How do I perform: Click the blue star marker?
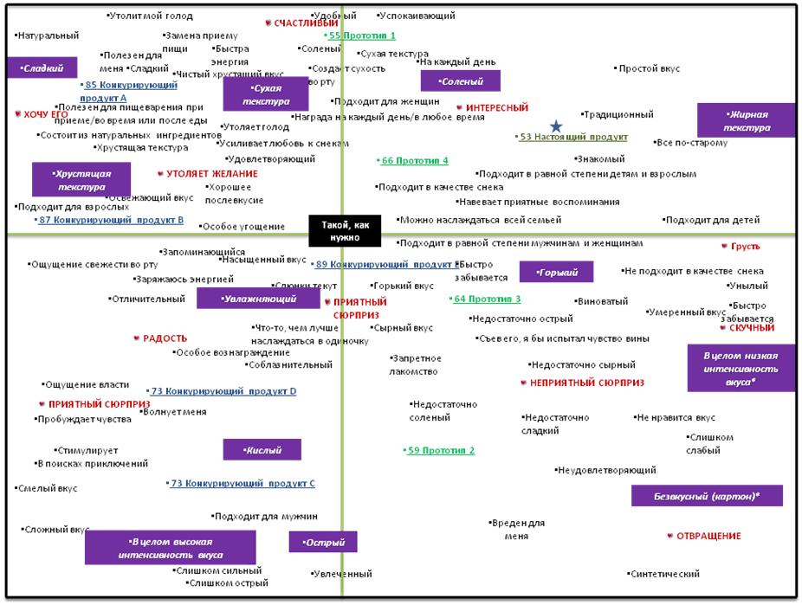[x=556, y=127]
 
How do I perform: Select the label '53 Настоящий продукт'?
[x=573, y=137]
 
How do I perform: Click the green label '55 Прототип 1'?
[x=362, y=35]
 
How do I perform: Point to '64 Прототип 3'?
[x=488, y=299]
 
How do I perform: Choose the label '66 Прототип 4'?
[x=415, y=160]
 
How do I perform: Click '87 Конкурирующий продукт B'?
[x=111, y=220]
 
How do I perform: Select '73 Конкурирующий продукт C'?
[x=242, y=483]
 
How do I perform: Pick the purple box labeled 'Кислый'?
[x=262, y=450]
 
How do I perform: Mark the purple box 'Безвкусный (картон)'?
[x=707, y=496]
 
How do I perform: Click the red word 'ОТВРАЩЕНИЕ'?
[x=708, y=536]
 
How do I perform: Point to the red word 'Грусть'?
[x=745, y=247]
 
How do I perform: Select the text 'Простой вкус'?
[x=649, y=68]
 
